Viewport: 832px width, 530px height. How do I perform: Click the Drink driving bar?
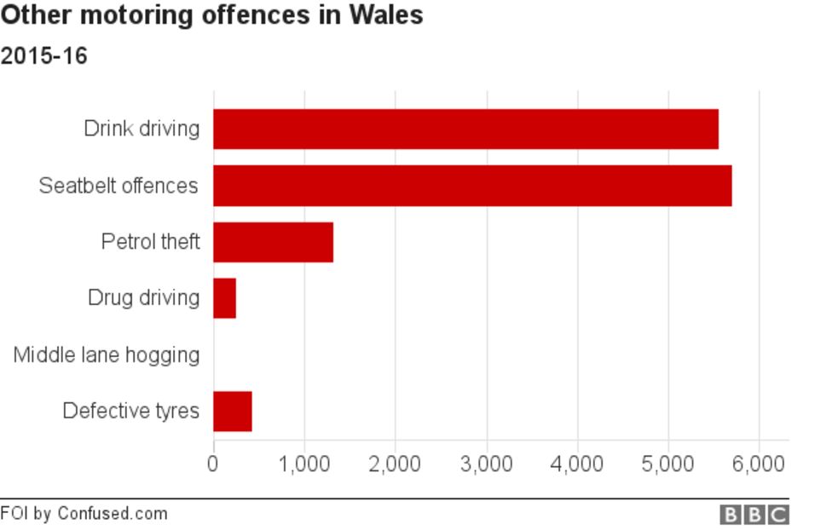(465, 129)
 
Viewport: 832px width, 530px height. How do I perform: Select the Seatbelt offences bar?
(472, 186)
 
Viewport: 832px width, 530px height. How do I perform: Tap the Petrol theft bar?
(273, 242)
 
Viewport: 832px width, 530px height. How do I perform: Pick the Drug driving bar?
(224, 298)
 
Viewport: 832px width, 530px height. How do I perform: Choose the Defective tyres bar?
(232, 412)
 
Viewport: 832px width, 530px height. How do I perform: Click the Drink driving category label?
(142, 129)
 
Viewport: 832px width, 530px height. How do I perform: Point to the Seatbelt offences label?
(118, 186)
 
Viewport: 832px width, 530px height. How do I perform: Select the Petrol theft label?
(150, 242)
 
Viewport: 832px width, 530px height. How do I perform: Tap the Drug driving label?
(143, 298)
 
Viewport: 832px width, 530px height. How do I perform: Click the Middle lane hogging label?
(107, 354)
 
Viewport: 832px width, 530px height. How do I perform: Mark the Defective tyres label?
(130, 412)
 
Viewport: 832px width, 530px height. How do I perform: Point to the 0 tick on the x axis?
(213, 464)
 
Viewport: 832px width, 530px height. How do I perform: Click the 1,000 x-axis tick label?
(304, 464)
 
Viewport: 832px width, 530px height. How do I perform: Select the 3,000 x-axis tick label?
(487, 464)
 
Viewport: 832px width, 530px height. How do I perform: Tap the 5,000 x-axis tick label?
(668, 464)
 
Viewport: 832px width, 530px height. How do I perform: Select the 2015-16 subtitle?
(43, 56)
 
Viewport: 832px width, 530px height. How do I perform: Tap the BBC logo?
(754, 515)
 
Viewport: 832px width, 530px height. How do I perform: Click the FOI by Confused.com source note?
(84, 514)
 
